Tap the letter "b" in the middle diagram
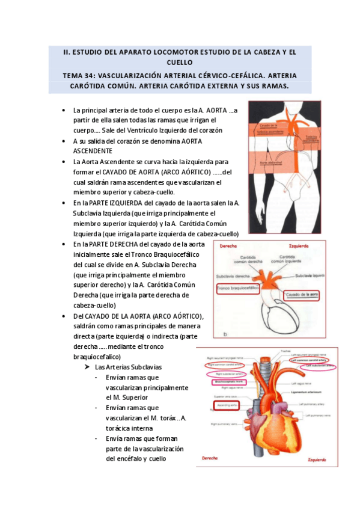tap(224, 334)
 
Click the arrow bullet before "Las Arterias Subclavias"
tap(88, 367)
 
